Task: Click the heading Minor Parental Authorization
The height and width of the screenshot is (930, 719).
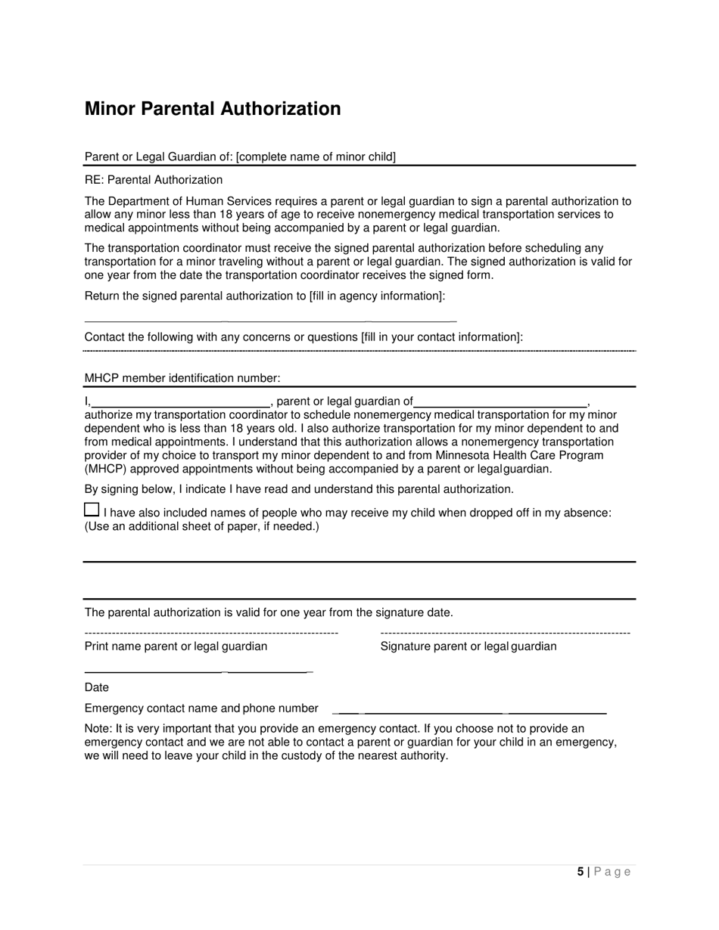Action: (x=213, y=109)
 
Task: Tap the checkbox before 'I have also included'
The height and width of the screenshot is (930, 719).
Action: (x=92, y=510)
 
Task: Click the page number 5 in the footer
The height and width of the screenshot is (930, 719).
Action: (x=580, y=872)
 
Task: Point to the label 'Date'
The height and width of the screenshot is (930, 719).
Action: (x=97, y=687)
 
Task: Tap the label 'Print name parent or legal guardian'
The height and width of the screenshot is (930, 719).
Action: (x=176, y=646)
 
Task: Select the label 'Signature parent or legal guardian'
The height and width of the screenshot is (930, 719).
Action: (x=468, y=646)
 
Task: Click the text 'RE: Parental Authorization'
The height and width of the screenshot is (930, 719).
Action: (x=154, y=180)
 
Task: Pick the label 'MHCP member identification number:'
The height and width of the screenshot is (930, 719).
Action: (x=182, y=378)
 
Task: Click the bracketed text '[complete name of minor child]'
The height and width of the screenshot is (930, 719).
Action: (x=316, y=157)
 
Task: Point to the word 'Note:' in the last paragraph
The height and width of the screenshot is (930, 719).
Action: (x=98, y=729)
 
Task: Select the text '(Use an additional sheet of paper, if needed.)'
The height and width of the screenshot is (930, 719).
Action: (x=201, y=526)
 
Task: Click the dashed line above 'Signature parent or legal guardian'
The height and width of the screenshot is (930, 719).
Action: (x=505, y=633)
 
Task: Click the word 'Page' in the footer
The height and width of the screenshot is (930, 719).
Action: (x=612, y=872)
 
